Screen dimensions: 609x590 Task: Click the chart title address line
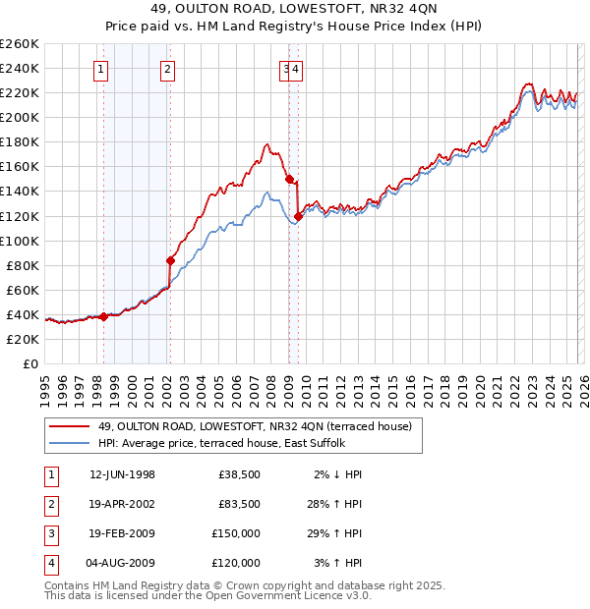[x=295, y=10]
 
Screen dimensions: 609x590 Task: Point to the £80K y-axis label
[x=22, y=265]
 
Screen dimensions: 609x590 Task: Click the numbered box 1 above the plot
[x=102, y=69]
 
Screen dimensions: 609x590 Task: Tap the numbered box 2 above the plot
[x=168, y=69]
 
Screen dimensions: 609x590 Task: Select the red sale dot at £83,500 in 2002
[x=171, y=260]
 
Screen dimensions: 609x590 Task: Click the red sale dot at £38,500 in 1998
[x=104, y=316]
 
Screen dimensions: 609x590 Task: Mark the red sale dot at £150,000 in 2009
[x=288, y=179]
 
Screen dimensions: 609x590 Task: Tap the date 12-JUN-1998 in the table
[x=122, y=474]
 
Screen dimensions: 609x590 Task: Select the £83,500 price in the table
[x=238, y=504]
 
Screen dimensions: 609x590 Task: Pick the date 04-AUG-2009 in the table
[x=122, y=563]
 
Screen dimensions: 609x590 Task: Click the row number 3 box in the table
[x=52, y=533]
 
